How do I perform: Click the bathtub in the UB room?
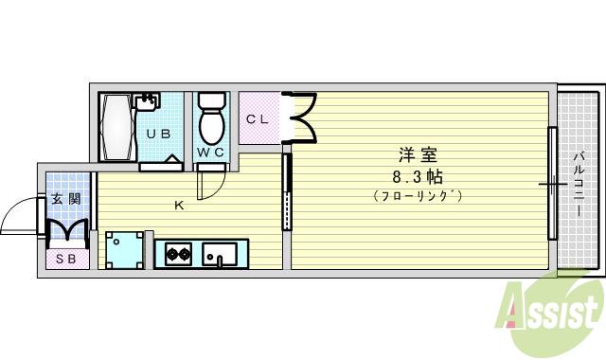tap(118, 126)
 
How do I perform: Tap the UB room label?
tap(159, 134)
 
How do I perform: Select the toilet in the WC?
tap(211, 119)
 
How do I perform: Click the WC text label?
tap(210, 152)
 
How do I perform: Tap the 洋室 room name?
tap(418, 154)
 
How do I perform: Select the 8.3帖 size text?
tap(417, 176)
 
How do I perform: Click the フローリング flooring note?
tap(417, 196)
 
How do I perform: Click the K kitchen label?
tap(177, 204)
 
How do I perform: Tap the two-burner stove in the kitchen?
tap(179, 253)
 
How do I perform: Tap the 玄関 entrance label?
tap(65, 199)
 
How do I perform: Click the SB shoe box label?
tap(65, 259)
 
